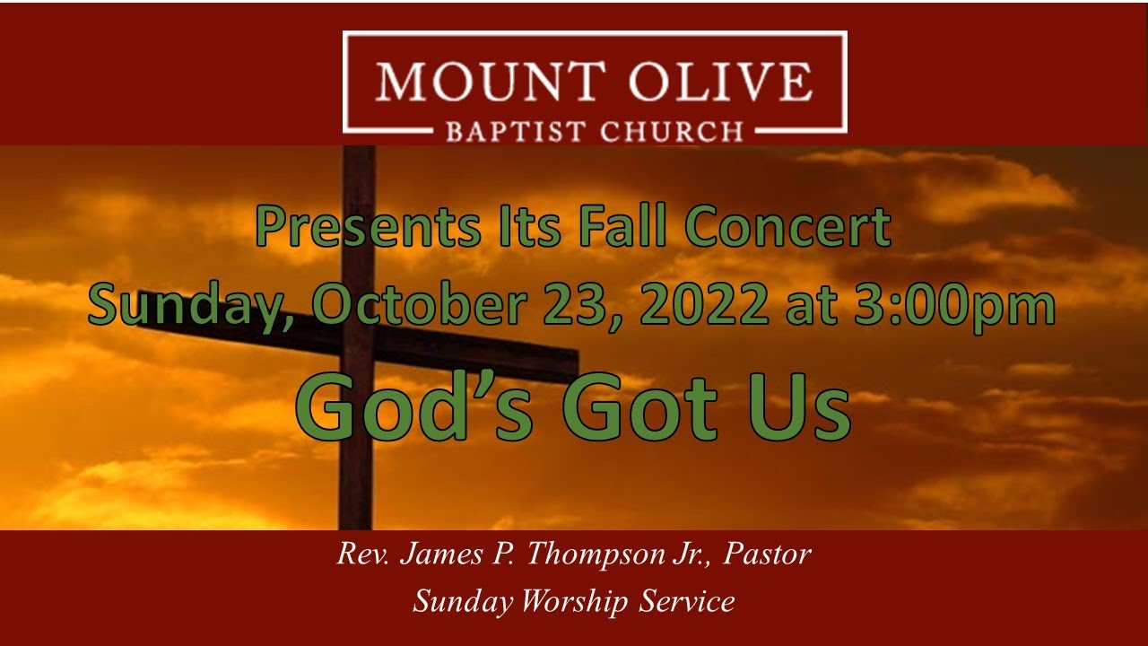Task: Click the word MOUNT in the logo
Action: pyautogui.click(x=475, y=82)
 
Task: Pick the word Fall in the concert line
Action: pyautogui.click(x=622, y=228)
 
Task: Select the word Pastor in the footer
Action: pyautogui.click(x=767, y=554)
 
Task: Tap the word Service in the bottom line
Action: pyautogui.click(x=687, y=601)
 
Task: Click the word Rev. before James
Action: pyautogui.click(x=363, y=554)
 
